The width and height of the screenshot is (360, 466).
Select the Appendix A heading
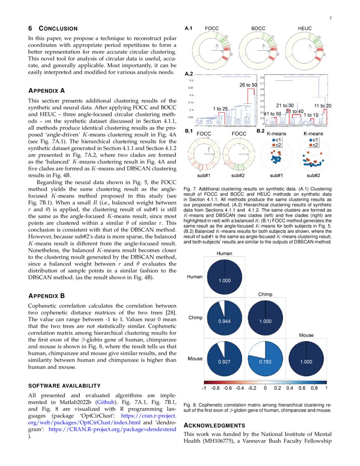coord(46,91)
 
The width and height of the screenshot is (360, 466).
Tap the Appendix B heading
coord(46,296)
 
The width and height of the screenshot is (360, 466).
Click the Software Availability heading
coord(64,386)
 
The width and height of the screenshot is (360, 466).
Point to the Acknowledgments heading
coord(214,425)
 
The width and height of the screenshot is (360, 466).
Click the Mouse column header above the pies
coord(306,335)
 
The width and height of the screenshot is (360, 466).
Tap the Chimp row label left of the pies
coord(195,318)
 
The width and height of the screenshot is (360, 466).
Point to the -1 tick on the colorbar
coord(204,387)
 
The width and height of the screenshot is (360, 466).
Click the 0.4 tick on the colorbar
coord(289,387)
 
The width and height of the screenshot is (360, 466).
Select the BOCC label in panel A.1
coord(258,28)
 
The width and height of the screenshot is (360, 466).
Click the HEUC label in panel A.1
coord(305,28)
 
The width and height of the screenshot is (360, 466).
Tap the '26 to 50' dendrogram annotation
coord(248,85)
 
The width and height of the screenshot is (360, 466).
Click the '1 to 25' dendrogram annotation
coord(220,109)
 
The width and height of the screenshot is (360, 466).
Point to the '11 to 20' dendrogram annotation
coord(323,105)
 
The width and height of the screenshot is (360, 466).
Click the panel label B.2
coord(261,131)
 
